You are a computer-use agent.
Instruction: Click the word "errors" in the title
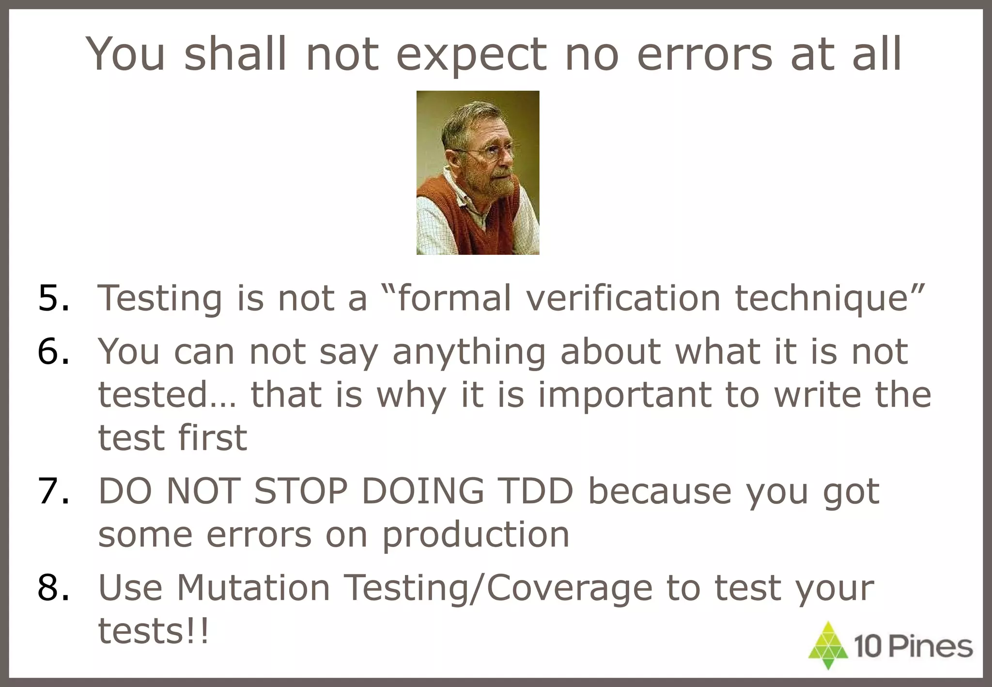pyautogui.click(x=704, y=54)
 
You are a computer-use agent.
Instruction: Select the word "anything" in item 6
pyautogui.click(x=469, y=353)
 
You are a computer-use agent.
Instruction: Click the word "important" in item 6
pyautogui.click(x=624, y=395)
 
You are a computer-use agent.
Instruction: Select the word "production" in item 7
pyautogui.click(x=476, y=536)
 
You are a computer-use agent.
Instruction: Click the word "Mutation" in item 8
pyautogui.click(x=253, y=588)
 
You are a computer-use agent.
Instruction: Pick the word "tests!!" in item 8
pyautogui.click(x=154, y=631)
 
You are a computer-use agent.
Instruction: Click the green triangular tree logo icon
pyautogui.click(x=828, y=645)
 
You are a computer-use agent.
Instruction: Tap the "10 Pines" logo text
pyautogui.click(x=913, y=647)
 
